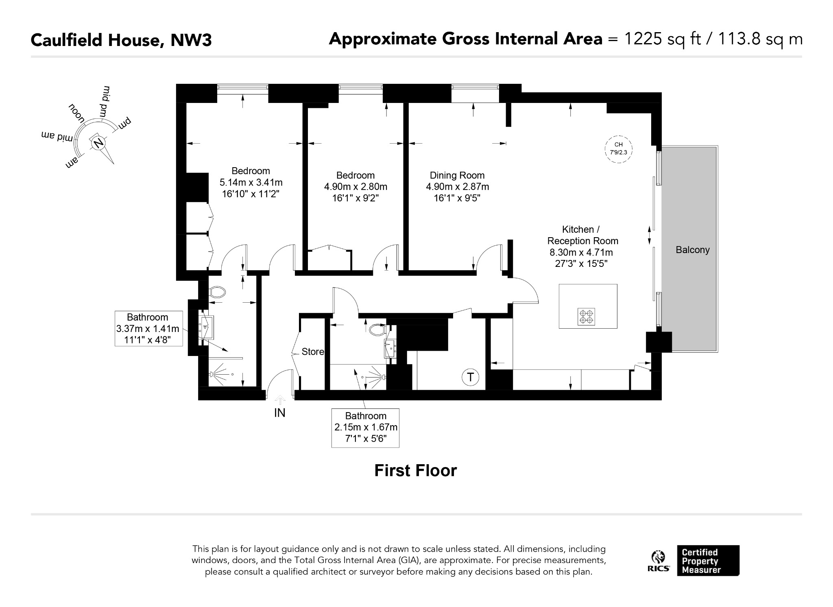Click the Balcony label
692,250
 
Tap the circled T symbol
471,377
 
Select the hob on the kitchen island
586,317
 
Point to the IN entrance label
280,413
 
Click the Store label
313,352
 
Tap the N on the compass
98,143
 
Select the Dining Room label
457,175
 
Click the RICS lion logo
659,561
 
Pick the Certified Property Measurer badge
708,561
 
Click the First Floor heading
415,471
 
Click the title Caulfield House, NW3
121,40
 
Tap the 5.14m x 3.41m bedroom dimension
251,182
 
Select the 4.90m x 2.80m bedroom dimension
355,187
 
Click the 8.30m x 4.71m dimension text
582,252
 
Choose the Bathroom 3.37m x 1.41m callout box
148,328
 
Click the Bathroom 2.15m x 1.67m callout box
365,428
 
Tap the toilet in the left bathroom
218,292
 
